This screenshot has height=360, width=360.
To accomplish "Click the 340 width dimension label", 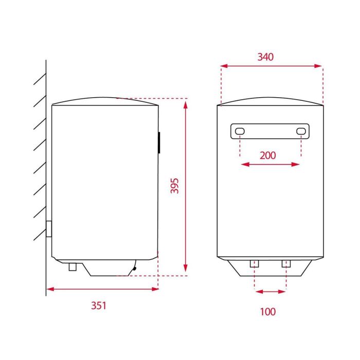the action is (x=265, y=57).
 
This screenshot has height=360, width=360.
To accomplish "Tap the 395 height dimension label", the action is (x=174, y=186).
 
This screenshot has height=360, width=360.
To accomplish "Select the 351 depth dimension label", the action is (x=99, y=305).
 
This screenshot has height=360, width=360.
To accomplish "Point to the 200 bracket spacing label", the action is (x=268, y=155).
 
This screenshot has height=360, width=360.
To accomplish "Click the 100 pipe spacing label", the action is (x=268, y=312).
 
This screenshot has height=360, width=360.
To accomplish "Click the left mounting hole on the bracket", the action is (x=240, y=131).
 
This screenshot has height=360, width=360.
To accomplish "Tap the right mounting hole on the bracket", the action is (x=301, y=131).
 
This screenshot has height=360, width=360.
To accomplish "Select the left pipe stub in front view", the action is (x=254, y=264).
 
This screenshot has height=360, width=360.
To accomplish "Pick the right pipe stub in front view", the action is (x=286, y=264).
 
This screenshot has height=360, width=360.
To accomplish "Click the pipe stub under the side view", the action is (x=73, y=267).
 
